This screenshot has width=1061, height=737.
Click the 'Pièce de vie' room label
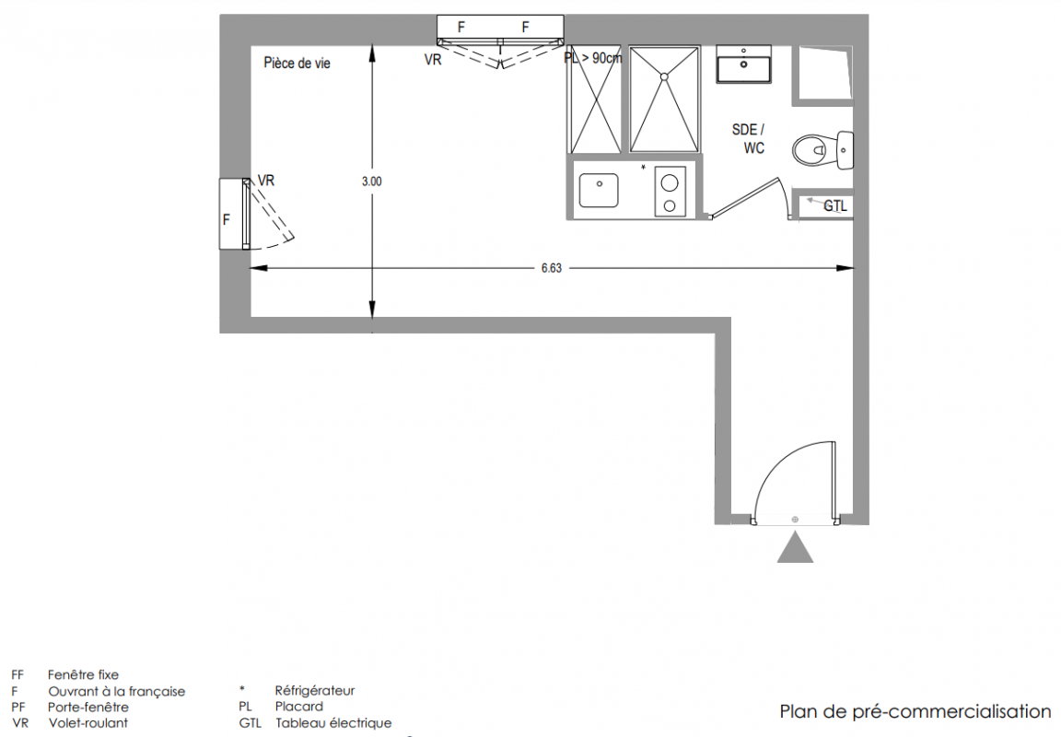point(297,64)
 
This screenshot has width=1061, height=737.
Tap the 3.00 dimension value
point(372,181)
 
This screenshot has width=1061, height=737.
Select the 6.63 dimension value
point(552,268)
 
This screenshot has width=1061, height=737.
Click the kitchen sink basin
point(599,190)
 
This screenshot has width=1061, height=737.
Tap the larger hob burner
point(670,183)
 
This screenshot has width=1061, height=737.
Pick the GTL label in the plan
point(835,206)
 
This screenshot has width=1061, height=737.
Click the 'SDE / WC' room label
point(749,139)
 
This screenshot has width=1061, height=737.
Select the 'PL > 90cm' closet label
point(593,58)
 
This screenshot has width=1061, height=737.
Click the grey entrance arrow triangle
point(795,547)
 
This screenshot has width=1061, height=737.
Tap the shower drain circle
point(664,76)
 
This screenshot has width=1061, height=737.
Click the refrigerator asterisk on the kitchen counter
point(643,167)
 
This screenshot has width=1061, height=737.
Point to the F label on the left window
point(227,220)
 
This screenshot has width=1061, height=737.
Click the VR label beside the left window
point(266,181)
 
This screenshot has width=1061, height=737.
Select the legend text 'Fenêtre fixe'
point(83,674)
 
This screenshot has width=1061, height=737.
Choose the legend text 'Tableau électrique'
point(333,723)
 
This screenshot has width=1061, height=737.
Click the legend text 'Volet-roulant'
point(88,723)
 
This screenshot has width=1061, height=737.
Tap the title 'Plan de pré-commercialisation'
point(915,712)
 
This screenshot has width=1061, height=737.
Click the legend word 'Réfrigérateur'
point(315,691)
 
